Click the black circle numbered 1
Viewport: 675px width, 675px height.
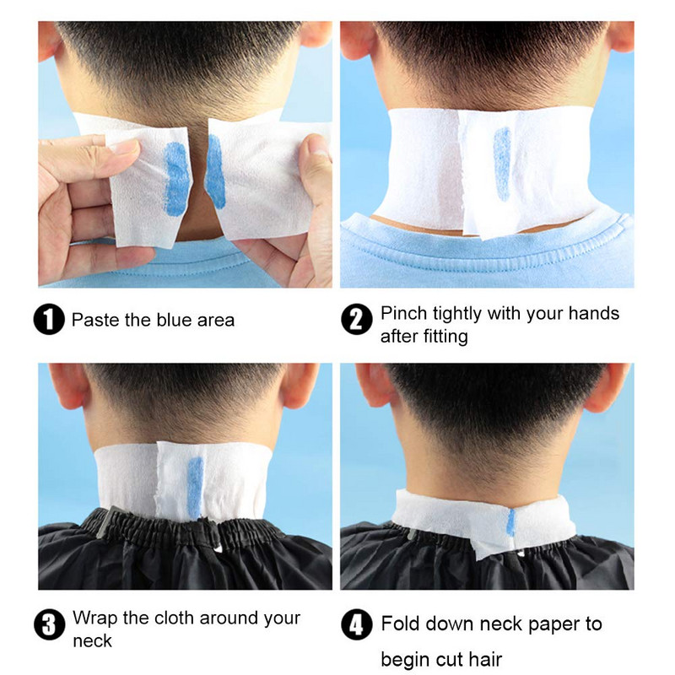pos(49,319)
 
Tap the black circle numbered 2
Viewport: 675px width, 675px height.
pos(356,319)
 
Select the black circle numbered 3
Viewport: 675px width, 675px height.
pos(49,624)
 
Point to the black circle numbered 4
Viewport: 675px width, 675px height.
pos(356,624)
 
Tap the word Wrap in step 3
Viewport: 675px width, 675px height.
pos(94,618)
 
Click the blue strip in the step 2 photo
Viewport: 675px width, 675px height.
pos(502,164)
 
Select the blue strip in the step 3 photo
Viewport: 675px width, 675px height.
pos(195,487)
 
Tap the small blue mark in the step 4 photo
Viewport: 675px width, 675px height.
pos(510,522)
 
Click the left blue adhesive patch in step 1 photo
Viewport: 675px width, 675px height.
pos(176,179)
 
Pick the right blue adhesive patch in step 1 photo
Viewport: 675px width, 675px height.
pos(216,171)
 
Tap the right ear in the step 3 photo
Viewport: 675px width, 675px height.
pos(300,385)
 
